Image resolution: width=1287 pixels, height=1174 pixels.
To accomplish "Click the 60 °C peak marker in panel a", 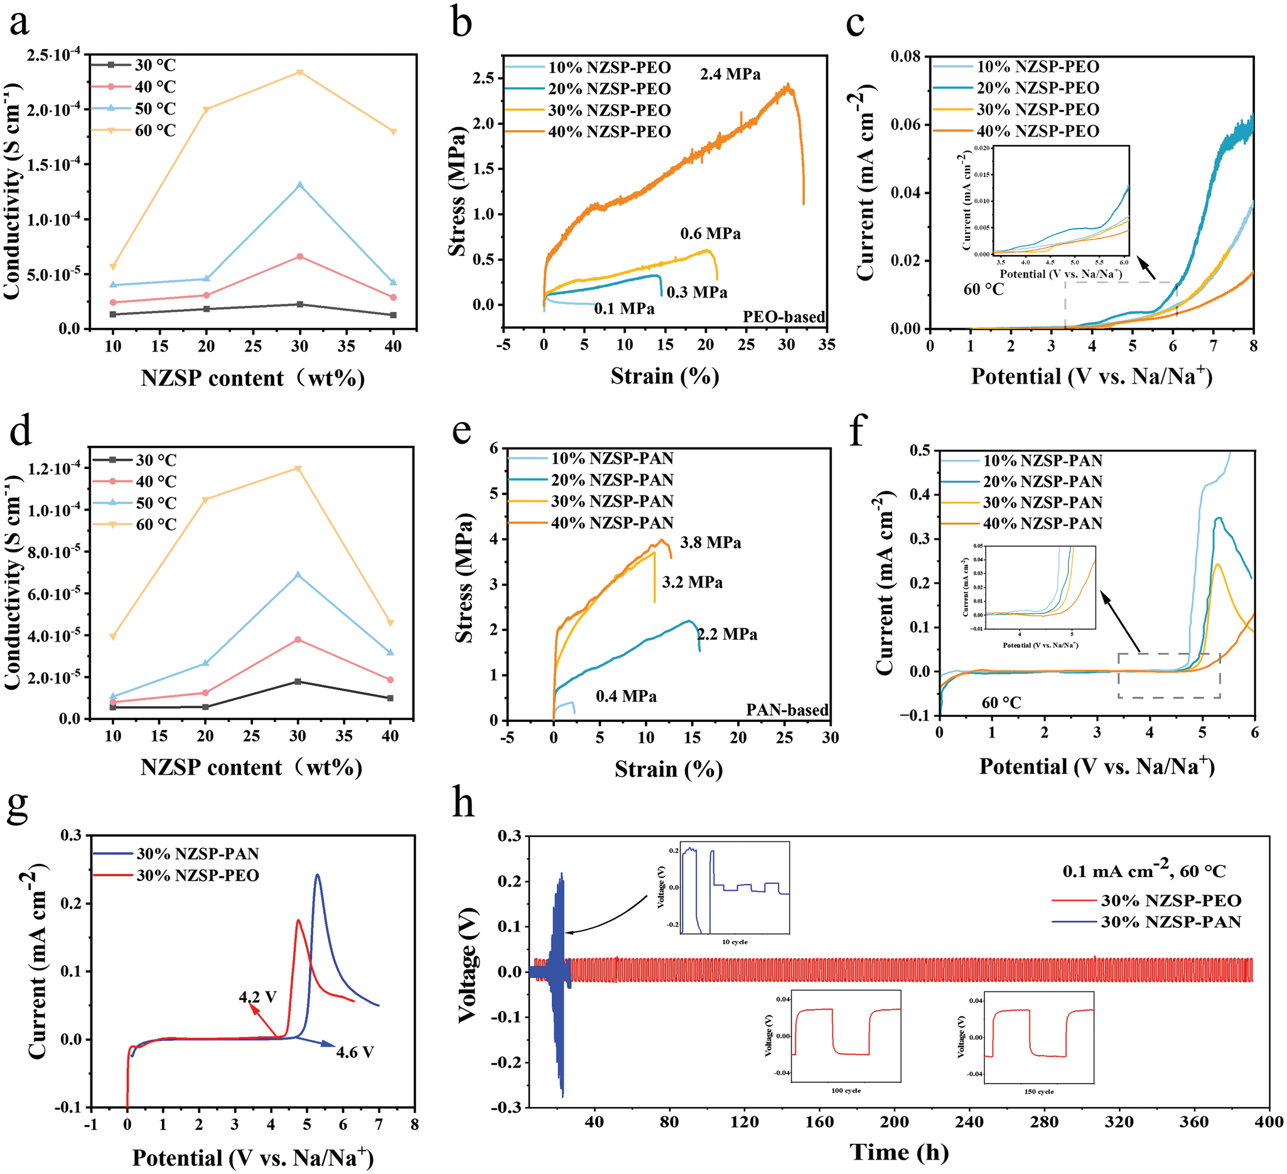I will point(299,72).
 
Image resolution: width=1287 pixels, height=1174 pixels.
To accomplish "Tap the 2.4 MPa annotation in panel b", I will point(730,75).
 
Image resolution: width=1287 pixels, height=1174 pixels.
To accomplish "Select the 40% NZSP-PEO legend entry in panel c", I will point(1037,131).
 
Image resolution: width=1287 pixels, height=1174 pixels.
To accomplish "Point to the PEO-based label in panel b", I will point(784,316).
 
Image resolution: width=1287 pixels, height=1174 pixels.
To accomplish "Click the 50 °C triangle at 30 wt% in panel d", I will point(298,574).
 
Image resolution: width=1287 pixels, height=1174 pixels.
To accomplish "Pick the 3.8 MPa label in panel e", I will point(710,542).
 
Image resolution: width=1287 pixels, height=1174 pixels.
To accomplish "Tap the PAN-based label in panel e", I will point(787,710).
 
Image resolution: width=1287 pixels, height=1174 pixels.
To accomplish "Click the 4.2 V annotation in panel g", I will point(258,996).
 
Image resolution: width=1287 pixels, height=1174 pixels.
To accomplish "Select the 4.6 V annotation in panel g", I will point(355,1052).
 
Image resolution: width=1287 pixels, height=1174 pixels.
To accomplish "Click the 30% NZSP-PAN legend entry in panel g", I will point(197,854).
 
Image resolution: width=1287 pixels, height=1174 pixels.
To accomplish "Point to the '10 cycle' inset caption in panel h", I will point(734,942).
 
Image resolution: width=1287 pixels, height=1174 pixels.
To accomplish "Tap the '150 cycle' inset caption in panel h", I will point(1038,1092).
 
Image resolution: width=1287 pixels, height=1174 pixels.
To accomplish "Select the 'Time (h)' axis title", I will point(898,1151).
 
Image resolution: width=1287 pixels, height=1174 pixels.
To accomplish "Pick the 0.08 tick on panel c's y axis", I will point(905,57).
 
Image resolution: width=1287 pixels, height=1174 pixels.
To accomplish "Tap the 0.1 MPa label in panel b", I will point(623,309).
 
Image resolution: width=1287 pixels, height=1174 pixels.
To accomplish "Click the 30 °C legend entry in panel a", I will point(154,65).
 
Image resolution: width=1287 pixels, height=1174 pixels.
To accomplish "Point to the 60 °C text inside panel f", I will point(1001,703).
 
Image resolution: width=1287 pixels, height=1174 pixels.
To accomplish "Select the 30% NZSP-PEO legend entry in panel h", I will point(1171,901).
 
